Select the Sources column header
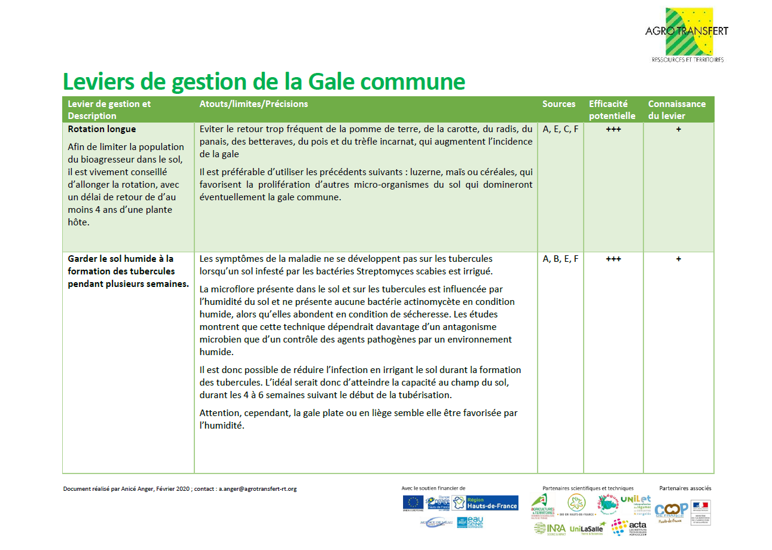tap(559, 104)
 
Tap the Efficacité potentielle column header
tap(612, 109)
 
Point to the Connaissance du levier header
tap(676, 109)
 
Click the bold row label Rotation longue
tap(102, 129)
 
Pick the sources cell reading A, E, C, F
tap(560, 129)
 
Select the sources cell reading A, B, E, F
tap(560, 259)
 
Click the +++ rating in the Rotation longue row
tap(613, 129)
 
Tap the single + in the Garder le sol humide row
tap(678, 259)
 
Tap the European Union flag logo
tap(413, 503)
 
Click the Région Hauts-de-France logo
tap(485, 503)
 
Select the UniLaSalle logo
tap(585, 528)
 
